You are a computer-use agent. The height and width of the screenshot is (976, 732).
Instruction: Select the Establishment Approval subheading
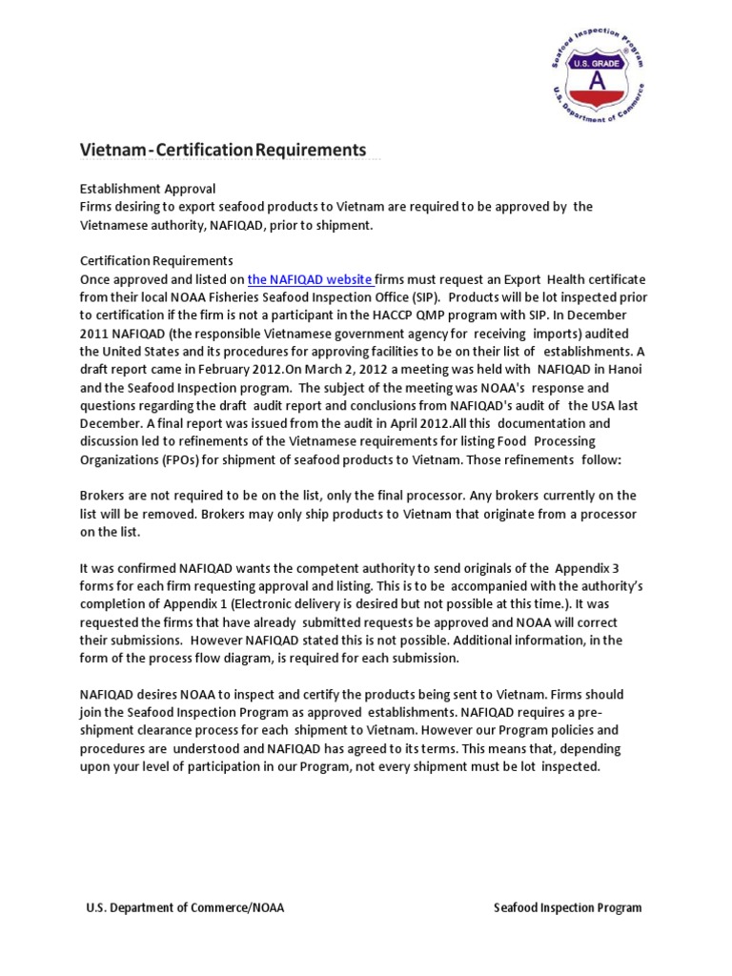tap(147, 189)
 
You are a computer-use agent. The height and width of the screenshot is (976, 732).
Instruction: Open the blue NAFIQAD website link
tap(310, 279)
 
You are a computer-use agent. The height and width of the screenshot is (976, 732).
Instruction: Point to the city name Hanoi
tap(625, 369)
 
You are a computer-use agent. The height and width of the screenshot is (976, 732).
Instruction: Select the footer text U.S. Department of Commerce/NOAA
tap(185, 907)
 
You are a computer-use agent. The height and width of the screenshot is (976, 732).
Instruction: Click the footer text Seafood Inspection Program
tap(567, 907)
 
